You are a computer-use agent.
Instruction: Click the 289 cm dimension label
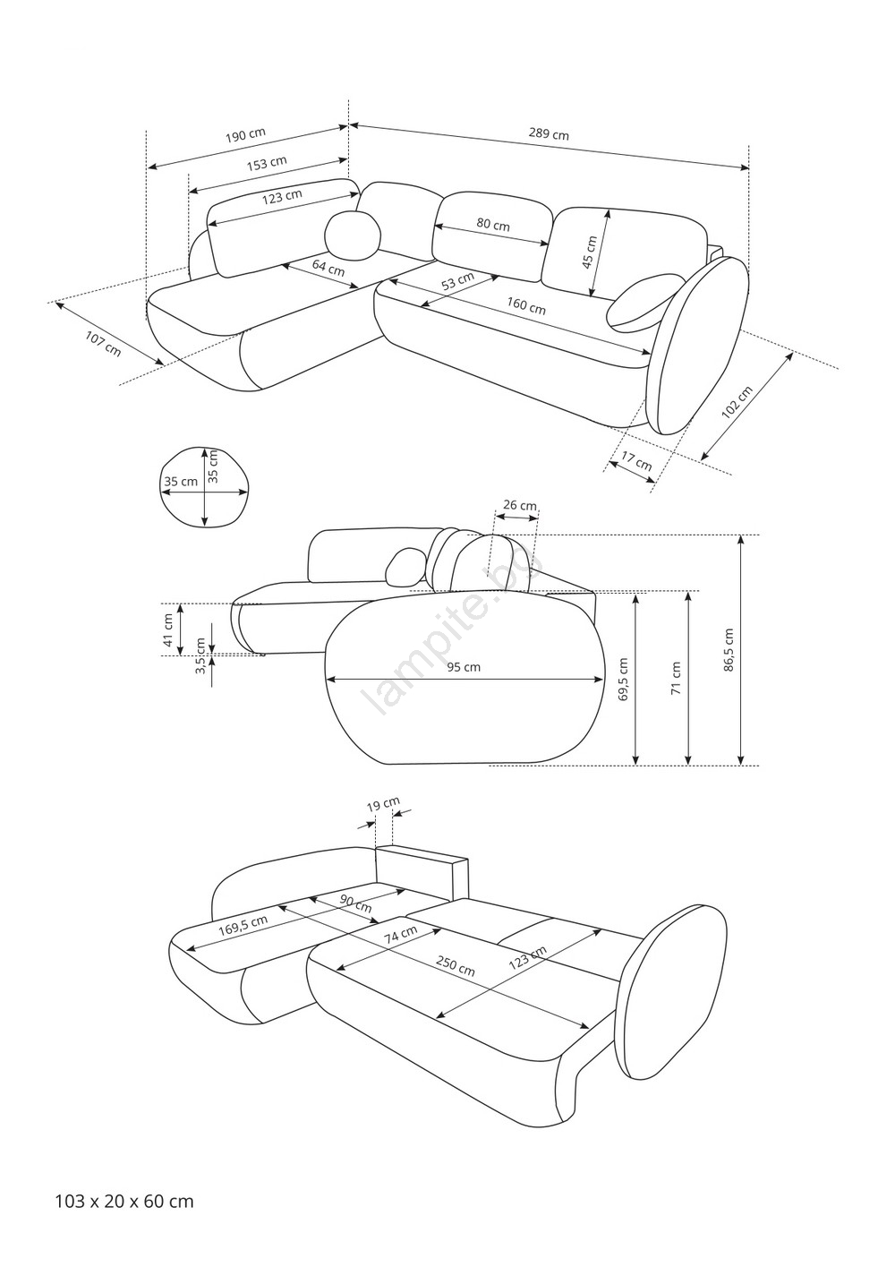tap(549, 134)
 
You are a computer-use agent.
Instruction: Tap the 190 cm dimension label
tap(245, 134)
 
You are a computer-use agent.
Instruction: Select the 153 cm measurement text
tap(267, 163)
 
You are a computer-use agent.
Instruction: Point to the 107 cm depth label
tap(103, 343)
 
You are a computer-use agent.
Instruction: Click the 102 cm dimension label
tap(737, 402)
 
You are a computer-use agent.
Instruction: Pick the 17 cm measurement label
tap(636, 461)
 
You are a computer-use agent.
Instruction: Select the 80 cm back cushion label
tap(492, 225)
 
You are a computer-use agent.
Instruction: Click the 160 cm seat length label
tap(525, 306)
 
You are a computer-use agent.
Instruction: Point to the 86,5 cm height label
tap(729, 649)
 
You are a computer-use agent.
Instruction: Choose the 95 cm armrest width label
tap(464, 667)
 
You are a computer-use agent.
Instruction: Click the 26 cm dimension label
tap(520, 505)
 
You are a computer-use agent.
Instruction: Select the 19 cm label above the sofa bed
tap(383, 804)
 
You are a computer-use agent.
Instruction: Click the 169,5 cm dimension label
tap(243, 927)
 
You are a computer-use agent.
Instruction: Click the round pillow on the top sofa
tap(353, 235)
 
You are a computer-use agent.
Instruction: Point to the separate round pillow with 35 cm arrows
tap(204, 487)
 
